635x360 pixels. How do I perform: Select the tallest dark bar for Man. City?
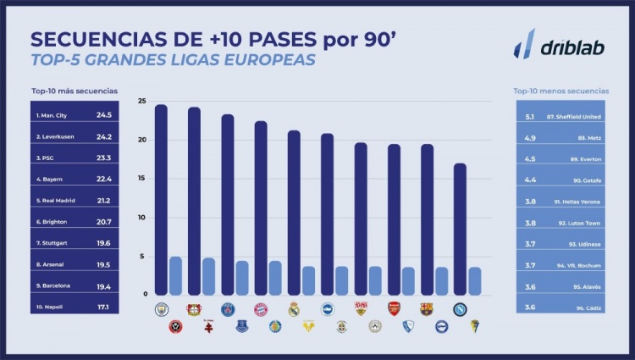point(161,200)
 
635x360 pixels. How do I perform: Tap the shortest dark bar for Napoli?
point(460,229)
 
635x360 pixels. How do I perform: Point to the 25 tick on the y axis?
point(141,102)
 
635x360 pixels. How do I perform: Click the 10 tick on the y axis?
point(141,218)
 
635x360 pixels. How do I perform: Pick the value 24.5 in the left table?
point(104,114)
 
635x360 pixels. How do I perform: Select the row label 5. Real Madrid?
point(55,200)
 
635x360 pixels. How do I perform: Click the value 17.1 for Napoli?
point(102,307)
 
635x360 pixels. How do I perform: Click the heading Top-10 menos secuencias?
point(561,91)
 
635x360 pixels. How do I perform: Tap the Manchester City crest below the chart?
point(162,309)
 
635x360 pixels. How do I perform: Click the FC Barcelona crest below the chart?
point(427,309)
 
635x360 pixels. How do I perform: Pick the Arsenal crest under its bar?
point(394,309)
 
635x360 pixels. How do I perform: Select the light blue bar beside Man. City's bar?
point(175,276)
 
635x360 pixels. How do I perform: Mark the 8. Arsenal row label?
point(52,263)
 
